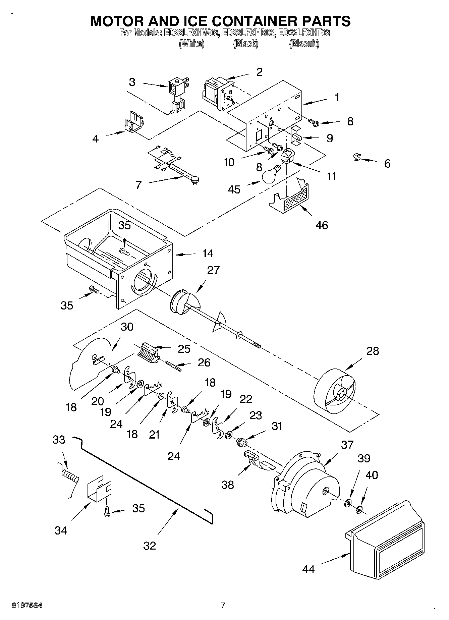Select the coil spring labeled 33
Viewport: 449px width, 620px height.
pos(70,476)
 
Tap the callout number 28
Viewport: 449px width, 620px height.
pos(373,351)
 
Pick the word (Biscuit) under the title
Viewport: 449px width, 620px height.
pos(304,44)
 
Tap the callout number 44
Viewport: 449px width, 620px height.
pos(308,569)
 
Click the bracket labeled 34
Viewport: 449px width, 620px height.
pos(99,490)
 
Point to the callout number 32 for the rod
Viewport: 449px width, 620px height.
pos(150,546)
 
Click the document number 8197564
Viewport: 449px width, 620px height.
pos(27,605)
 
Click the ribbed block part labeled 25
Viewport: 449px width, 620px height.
pos(148,353)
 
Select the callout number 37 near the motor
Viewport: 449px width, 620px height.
pos(347,445)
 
